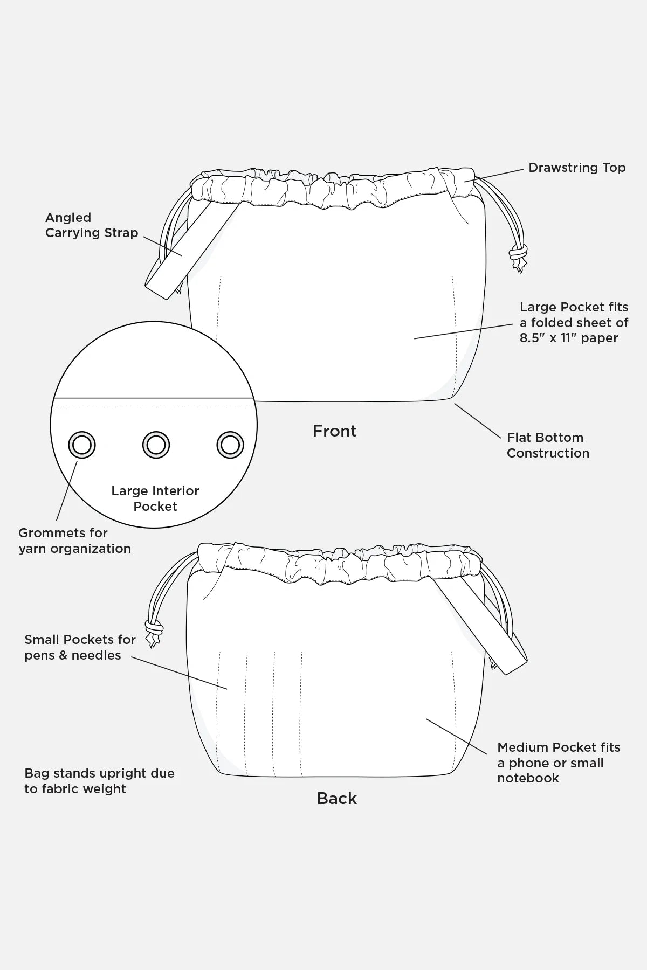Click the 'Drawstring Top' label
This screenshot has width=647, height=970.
577,168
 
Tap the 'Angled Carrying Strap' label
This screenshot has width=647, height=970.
92,225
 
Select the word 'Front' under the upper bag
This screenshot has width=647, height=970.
335,431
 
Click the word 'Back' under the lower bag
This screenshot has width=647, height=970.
337,799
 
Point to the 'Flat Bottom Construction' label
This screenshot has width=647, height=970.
548,445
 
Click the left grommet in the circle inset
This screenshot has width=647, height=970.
82,445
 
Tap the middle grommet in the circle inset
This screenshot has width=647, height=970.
156,445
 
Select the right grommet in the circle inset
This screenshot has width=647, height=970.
230,445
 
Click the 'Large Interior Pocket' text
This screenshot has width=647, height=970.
155,498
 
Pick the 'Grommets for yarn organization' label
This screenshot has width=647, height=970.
74,541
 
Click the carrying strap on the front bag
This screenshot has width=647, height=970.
191,251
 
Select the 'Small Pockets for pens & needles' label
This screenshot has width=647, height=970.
80,647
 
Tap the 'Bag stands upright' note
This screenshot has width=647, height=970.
99,781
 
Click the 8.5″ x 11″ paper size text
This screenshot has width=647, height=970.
569,338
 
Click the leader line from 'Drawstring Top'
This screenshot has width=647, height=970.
494,175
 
